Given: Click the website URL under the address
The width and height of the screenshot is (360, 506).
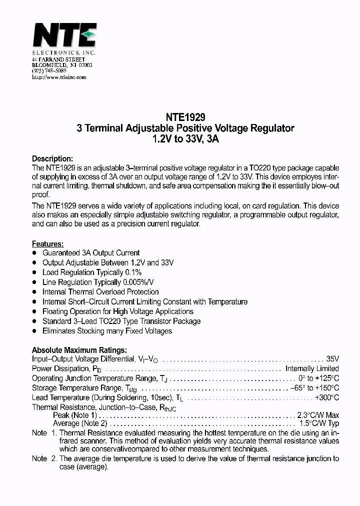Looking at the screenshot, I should [59, 77].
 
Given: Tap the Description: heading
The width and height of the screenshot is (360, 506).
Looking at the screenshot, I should [52, 158].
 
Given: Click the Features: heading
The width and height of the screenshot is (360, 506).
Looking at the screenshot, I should [48, 244].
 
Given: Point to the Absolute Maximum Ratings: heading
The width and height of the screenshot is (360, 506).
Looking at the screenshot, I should [79, 350].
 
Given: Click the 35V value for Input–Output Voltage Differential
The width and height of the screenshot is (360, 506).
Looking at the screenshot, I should [332, 359].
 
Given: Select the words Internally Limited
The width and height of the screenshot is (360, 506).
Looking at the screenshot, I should [312, 368].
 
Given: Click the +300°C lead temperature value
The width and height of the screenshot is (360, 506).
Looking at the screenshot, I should [326, 397].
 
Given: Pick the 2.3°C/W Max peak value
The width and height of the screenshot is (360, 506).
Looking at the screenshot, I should [318, 415].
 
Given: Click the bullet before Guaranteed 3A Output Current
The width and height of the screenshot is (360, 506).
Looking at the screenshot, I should [34, 253].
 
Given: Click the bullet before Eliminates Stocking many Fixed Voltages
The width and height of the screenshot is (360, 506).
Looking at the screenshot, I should [34, 331].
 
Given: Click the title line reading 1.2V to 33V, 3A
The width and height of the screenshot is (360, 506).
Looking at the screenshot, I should [185, 139].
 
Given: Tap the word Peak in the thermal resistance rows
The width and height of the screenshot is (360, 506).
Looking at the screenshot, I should [61, 415].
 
